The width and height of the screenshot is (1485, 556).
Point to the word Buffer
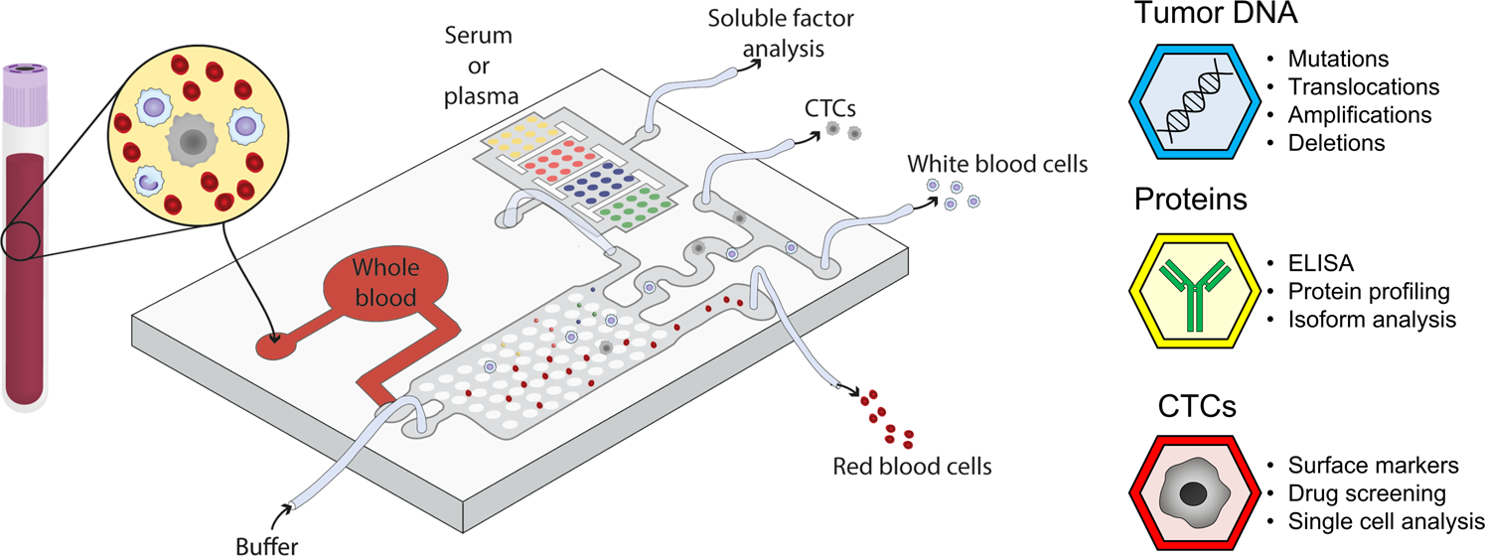[266, 544]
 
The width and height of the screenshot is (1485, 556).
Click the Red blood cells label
[912, 465]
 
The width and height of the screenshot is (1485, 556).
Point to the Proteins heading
[1190, 200]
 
